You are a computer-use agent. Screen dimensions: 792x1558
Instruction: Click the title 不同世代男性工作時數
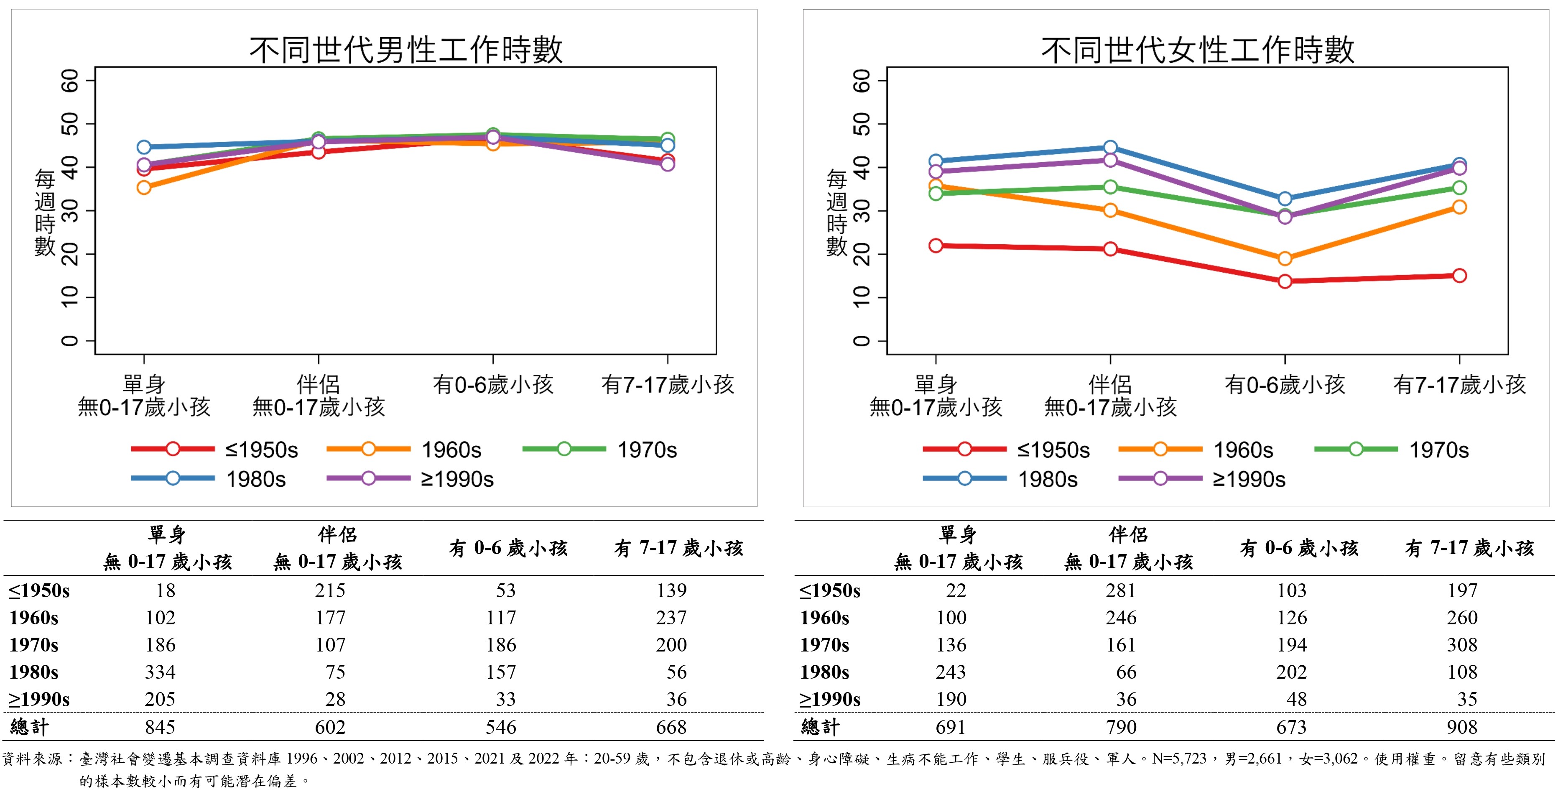coord(406,50)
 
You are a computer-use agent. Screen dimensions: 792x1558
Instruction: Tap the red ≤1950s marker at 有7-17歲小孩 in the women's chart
coord(1459,276)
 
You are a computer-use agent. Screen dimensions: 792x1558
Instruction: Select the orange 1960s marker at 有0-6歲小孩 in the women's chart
coord(1285,259)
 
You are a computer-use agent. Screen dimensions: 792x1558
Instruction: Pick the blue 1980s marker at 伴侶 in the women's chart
coord(1110,148)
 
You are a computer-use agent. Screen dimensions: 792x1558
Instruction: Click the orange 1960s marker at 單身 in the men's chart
coord(144,188)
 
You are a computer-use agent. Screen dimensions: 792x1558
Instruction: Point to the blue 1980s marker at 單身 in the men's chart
coord(144,147)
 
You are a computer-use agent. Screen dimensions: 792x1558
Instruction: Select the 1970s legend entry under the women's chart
coord(1392,450)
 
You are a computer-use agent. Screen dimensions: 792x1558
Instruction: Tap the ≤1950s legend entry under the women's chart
coord(1007,450)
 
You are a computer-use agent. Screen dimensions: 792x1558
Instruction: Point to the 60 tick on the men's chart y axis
coord(70,80)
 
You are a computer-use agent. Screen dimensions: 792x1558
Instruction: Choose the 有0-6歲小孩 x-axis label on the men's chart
coord(493,385)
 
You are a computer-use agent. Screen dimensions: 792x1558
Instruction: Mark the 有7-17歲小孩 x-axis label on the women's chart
coord(1459,385)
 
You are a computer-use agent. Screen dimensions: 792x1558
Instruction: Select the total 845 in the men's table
coord(160,727)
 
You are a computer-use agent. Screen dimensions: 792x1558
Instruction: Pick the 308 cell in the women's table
coord(1462,644)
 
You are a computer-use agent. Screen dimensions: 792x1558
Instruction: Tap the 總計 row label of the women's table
coord(820,727)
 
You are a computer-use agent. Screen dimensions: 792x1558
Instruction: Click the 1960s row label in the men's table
coord(34,618)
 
